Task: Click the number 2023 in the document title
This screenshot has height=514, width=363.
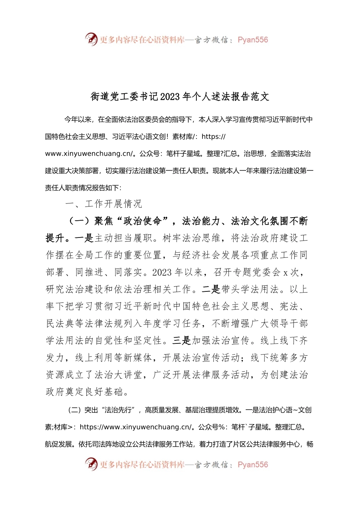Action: pyautogui.click(x=170, y=97)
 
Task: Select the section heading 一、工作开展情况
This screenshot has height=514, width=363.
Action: pyautogui.click(x=104, y=204)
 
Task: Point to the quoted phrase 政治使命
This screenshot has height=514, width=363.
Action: pyautogui.click(x=143, y=221)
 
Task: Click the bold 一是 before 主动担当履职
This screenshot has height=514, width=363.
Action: pyautogui.click(x=84, y=238)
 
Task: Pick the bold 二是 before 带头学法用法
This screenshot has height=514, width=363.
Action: pyautogui.click(x=211, y=290)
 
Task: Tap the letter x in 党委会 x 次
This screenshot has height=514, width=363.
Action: pyautogui.click(x=285, y=273)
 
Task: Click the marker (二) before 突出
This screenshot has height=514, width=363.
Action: pyautogui.click(x=75, y=410)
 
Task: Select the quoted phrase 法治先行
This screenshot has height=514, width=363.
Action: pyautogui.click(x=118, y=410)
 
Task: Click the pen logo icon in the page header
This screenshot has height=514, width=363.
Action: pyautogui.click(x=91, y=39)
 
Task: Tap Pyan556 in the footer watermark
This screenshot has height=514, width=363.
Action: pyautogui.click(x=253, y=465)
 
